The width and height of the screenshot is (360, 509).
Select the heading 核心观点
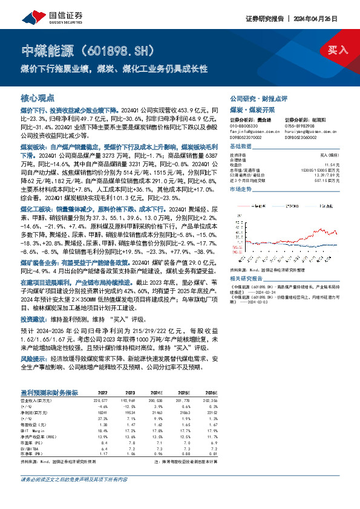[38, 98]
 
